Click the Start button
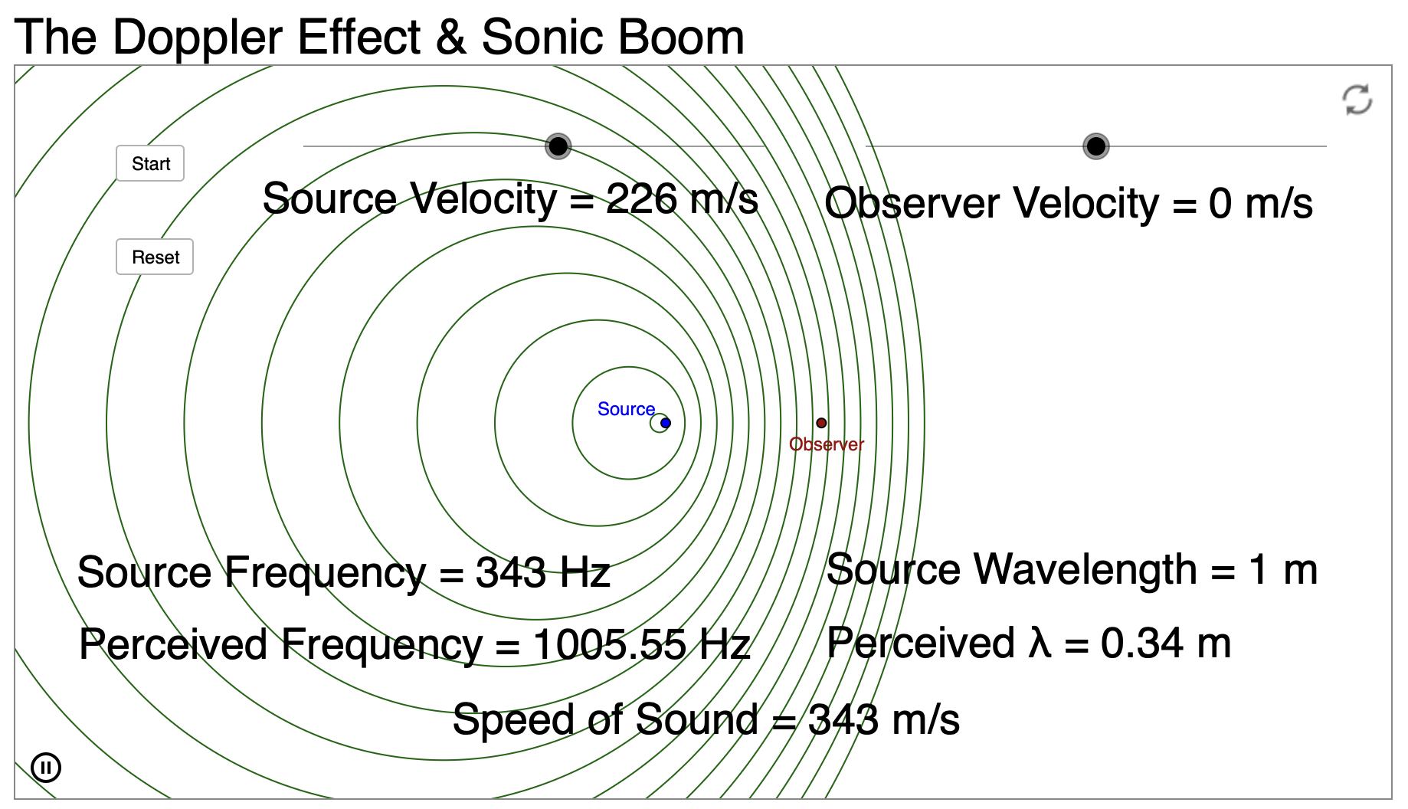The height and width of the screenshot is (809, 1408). tap(150, 163)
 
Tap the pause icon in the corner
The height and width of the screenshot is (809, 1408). tap(46, 767)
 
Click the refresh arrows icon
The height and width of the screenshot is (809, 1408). tap(1357, 100)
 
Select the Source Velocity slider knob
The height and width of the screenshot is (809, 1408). tap(558, 146)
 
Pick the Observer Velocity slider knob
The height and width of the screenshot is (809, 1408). tap(1096, 146)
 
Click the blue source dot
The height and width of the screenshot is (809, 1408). tap(666, 423)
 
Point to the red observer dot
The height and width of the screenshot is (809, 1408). tap(821, 423)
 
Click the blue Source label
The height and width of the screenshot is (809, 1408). tap(626, 409)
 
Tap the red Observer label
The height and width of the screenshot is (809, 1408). tap(827, 444)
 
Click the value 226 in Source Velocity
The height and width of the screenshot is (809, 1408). tap(641, 199)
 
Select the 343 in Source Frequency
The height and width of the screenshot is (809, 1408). tap(511, 572)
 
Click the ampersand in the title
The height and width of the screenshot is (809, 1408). tap(451, 37)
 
